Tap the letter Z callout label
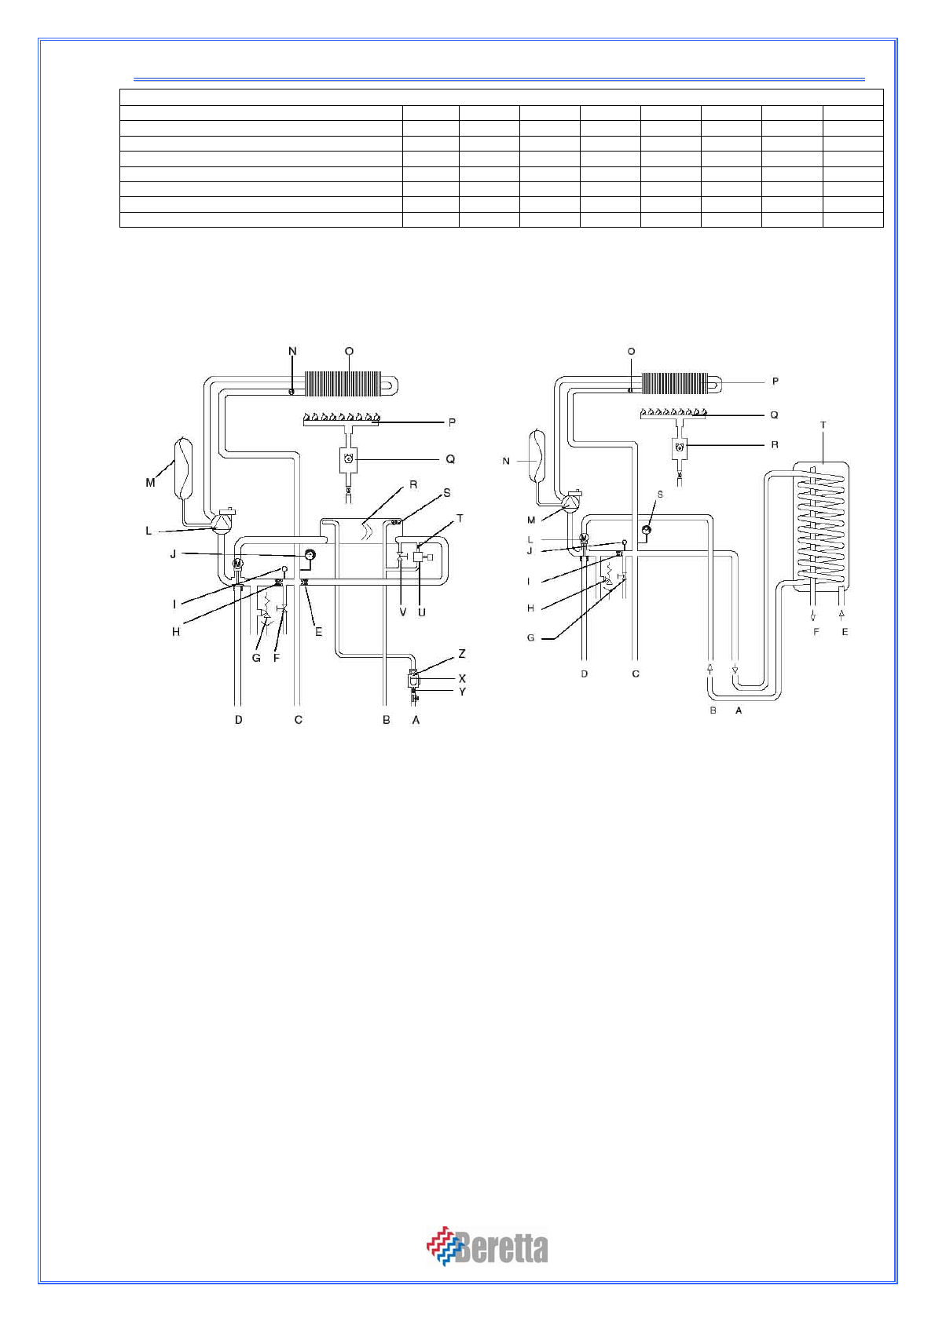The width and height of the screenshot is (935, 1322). pos(462,654)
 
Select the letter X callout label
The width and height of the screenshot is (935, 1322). pos(462,679)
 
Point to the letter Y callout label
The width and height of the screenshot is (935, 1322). pos(462,692)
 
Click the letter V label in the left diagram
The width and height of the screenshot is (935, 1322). pos(403,612)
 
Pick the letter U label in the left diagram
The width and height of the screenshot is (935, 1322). pos(422,612)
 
